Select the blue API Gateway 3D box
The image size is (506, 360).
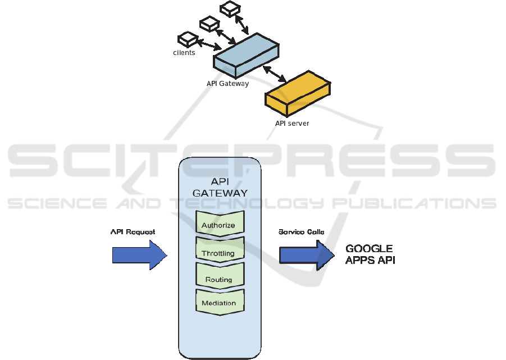click(x=246, y=55)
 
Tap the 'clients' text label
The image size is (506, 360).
click(x=184, y=53)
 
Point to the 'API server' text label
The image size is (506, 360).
click(x=292, y=124)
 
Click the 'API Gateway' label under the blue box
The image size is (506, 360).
click(x=227, y=84)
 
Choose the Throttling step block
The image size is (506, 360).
click(x=218, y=253)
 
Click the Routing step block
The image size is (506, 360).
click(x=218, y=279)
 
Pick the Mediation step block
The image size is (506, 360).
click(x=218, y=303)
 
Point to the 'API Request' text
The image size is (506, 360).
click(x=133, y=231)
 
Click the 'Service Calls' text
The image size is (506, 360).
click(x=302, y=231)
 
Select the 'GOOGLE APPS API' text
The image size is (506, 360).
click(x=370, y=254)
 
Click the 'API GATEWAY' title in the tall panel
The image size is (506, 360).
click(x=220, y=188)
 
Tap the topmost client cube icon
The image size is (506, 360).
click(x=230, y=8)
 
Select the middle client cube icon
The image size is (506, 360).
click(x=208, y=23)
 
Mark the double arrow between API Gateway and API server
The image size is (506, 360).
click(x=275, y=74)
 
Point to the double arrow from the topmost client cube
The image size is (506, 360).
click(x=243, y=24)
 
